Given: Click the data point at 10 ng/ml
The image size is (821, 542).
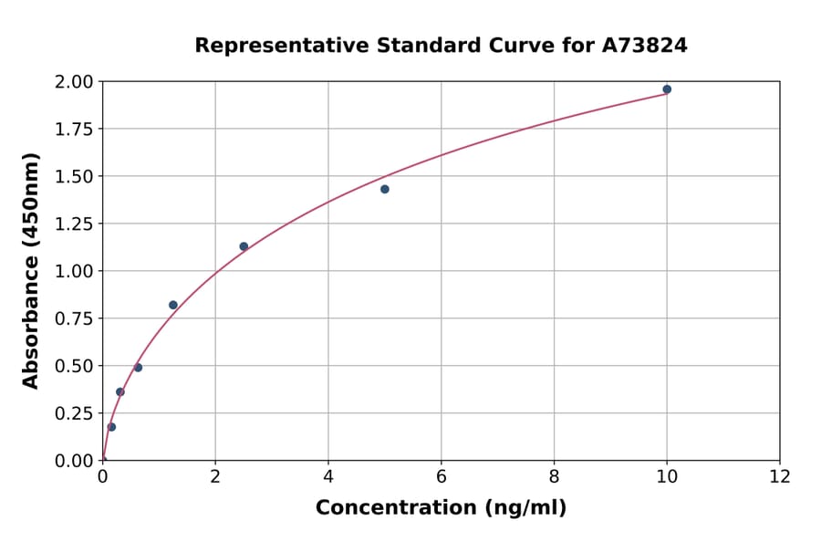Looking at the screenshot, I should (x=667, y=89).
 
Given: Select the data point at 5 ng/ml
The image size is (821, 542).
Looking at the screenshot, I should (x=385, y=189).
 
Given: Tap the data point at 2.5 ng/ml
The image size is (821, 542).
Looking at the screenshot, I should (x=244, y=246).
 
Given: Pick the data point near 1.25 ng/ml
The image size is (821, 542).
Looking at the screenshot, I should (x=173, y=305).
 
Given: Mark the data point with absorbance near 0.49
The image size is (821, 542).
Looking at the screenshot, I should (x=138, y=368).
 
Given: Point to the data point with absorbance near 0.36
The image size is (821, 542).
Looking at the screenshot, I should (x=120, y=392).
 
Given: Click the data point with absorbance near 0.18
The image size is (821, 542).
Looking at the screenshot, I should (x=111, y=427).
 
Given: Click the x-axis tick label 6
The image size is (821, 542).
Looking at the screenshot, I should (x=442, y=476).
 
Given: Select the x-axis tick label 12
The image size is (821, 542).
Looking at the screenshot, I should (x=780, y=476).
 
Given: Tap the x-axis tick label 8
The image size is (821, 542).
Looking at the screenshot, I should (x=555, y=476).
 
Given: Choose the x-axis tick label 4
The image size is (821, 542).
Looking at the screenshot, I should (x=328, y=476).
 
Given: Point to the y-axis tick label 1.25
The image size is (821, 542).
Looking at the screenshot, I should (x=73, y=224).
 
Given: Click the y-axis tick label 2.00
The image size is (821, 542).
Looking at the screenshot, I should (x=73, y=82).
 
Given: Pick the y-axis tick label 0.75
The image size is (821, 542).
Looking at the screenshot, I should (x=73, y=318).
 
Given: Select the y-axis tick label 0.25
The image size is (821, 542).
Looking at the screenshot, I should (x=73, y=413).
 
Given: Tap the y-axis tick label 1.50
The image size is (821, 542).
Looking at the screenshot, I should (x=73, y=176).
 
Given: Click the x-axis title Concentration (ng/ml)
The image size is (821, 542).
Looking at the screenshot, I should (x=441, y=508).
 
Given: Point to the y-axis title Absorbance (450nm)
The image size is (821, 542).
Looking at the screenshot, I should (x=31, y=271).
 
